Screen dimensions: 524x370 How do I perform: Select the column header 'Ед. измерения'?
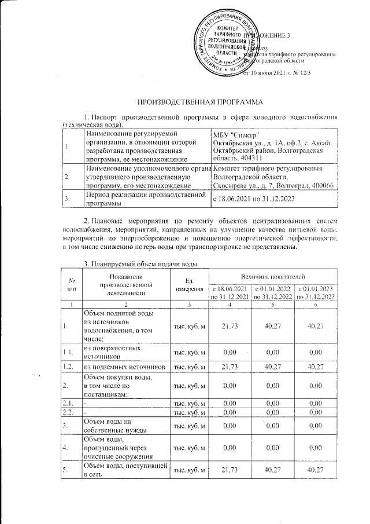(x=187, y=285)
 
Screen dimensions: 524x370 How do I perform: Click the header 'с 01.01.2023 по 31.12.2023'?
(x=316, y=293)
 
